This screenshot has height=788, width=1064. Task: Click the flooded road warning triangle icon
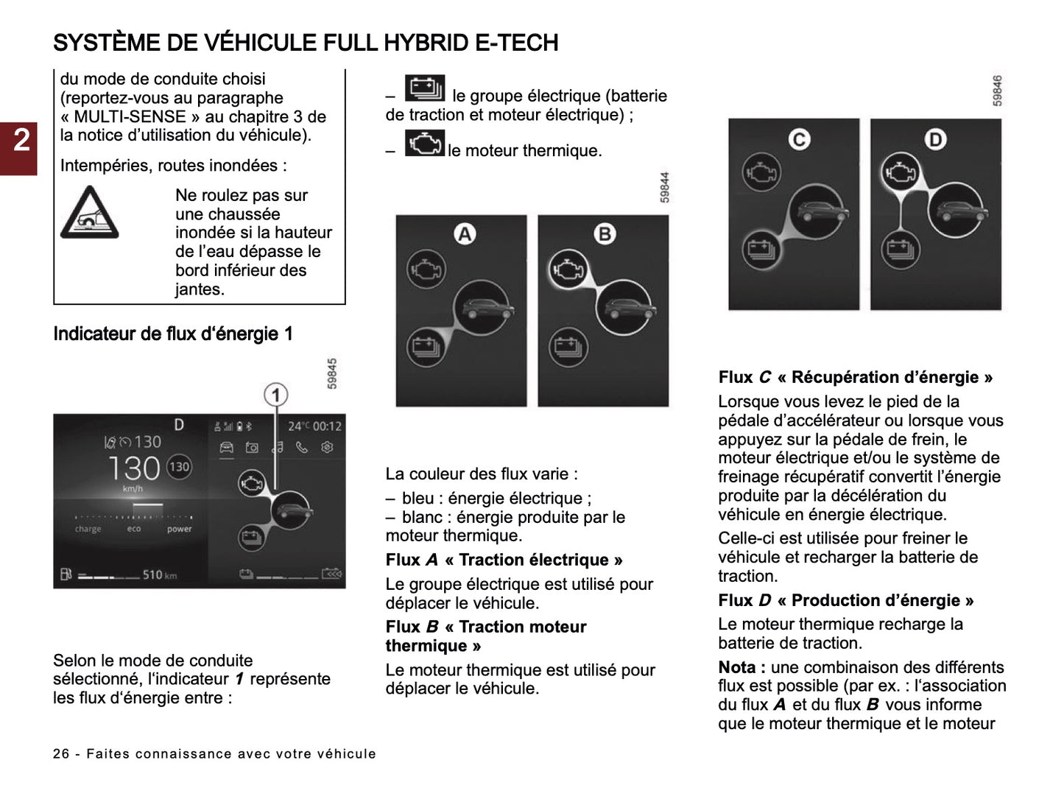(88, 213)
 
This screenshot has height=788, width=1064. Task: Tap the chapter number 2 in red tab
(21, 139)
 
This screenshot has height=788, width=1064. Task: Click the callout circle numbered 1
(275, 395)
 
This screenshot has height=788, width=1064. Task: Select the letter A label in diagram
(465, 234)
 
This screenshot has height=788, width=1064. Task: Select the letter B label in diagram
(605, 234)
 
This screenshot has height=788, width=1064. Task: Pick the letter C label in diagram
(799, 139)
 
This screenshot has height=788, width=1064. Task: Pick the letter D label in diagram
(935, 139)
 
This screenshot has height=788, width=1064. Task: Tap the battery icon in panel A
(426, 346)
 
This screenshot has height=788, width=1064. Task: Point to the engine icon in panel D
(900, 173)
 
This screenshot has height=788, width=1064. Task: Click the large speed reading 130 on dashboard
(133, 468)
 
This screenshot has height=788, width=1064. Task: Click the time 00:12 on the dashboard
(327, 426)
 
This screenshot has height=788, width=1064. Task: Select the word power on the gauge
(179, 529)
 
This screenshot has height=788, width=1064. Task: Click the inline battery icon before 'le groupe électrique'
(425, 89)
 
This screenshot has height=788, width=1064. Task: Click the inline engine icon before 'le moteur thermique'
(425, 144)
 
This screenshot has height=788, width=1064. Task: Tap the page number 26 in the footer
(61, 753)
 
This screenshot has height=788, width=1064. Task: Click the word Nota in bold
(737, 667)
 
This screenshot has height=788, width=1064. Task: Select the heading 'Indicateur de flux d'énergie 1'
(173, 334)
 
